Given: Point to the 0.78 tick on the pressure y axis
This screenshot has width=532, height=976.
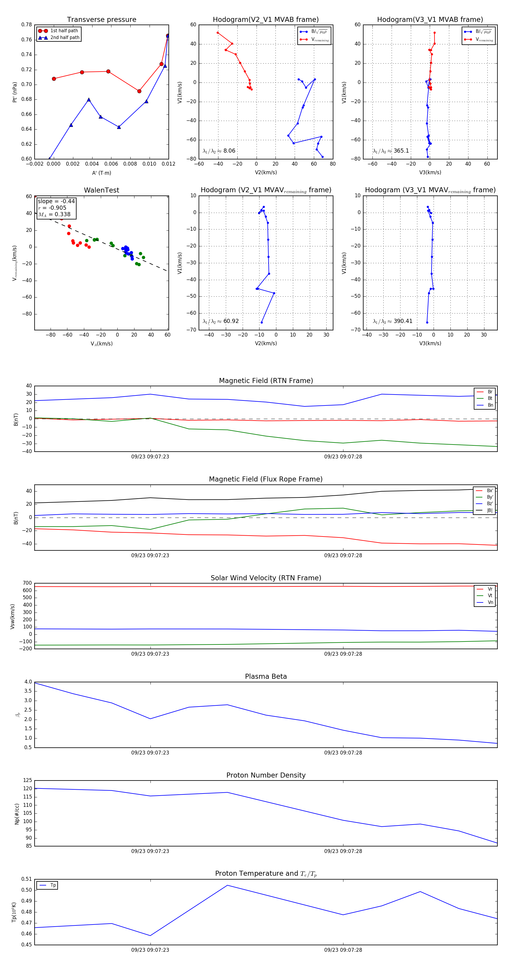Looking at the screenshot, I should (x=27, y=25).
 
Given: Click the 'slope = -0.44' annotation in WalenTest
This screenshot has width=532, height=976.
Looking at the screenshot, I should (x=56, y=201).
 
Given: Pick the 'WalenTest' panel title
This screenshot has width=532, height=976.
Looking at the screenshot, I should (x=101, y=190).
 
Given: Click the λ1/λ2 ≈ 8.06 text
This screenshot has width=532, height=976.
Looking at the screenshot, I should (x=219, y=151).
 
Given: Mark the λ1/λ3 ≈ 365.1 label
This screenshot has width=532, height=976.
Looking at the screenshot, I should (x=391, y=151).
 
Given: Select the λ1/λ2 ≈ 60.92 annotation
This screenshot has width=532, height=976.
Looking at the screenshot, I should (x=220, y=321).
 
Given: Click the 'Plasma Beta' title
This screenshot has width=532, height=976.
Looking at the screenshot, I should (x=266, y=677).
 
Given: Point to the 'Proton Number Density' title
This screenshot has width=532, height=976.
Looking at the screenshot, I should (x=266, y=775).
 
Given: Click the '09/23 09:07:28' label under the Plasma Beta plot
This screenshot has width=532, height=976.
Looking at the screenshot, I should (x=343, y=753).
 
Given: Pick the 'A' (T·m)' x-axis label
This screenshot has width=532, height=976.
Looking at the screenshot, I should (x=101, y=173).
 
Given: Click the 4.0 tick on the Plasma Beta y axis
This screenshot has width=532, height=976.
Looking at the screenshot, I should (x=28, y=682).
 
